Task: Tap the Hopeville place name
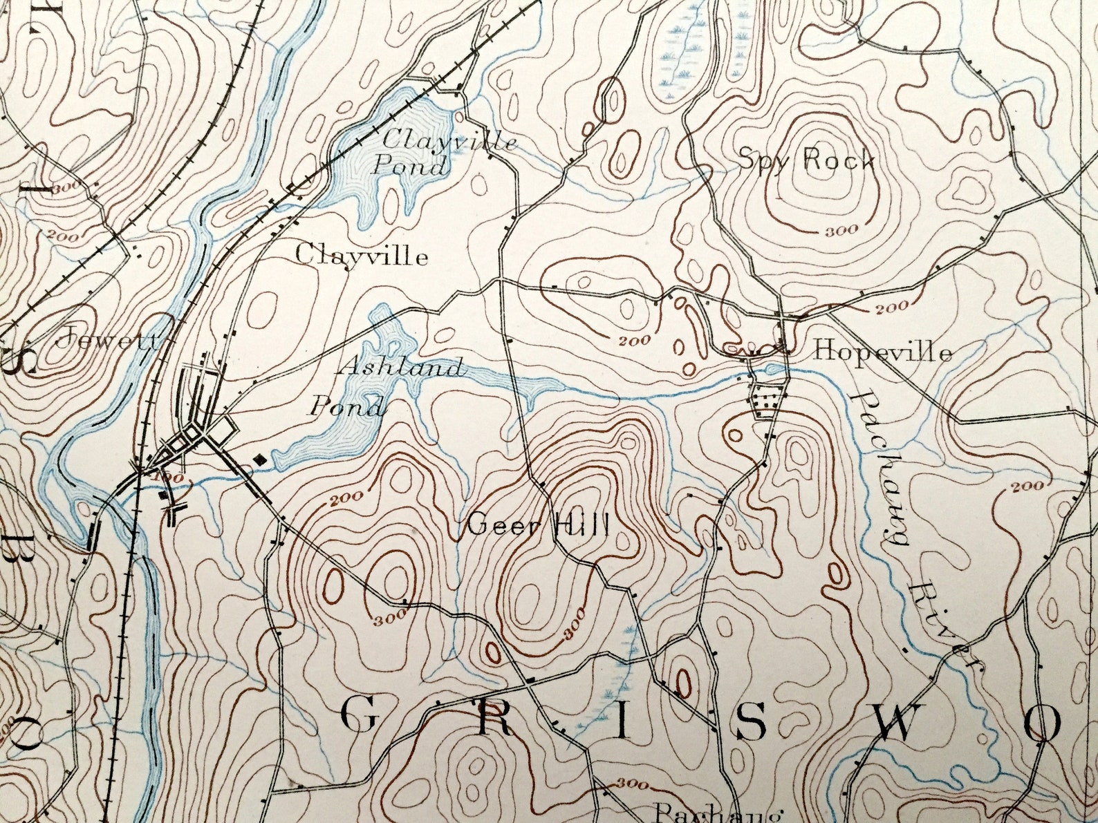tap(882, 352)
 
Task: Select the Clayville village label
tap(362, 256)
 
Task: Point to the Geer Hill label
tap(538, 527)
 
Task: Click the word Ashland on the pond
tap(400, 367)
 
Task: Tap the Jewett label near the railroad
tap(110, 339)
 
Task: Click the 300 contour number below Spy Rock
tap(841, 231)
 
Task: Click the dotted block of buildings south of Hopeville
tap(767, 400)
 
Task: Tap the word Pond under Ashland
tap(346, 406)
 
